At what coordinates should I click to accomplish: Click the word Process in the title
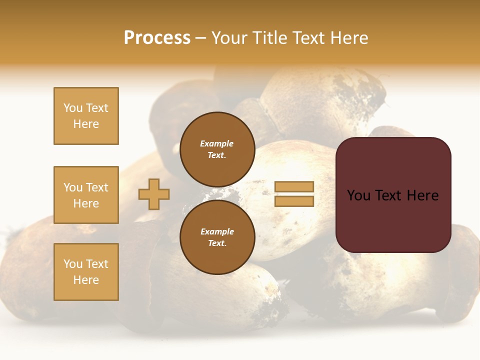pyautogui.click(x=157, y=38)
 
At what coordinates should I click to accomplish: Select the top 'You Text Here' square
pyautogui.click(x=86, y=116)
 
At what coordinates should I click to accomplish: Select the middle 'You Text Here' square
pyautogui.click(x=86, y=195)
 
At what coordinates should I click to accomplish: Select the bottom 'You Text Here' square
pyautogui.click(x=86, y=272)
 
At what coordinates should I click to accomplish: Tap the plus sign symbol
pyautogui.click(x=154, y=194)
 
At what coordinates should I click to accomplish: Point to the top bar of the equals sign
pyautogui.click(x=294, y=186)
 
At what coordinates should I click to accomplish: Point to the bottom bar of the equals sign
pyautogui.click(x=294, y=201)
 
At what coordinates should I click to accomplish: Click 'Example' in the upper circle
pyautogui.click(x=217, y=143)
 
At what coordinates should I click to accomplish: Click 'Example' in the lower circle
pyautogui.click(x=217, y=231)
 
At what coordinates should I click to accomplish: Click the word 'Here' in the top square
pyautogui.click(x=86, y=124)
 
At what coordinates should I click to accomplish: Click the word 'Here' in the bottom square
pyautogui.click(x=86, y=280)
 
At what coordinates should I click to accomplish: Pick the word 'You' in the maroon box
pyautogui.click(x=358, y=195)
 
